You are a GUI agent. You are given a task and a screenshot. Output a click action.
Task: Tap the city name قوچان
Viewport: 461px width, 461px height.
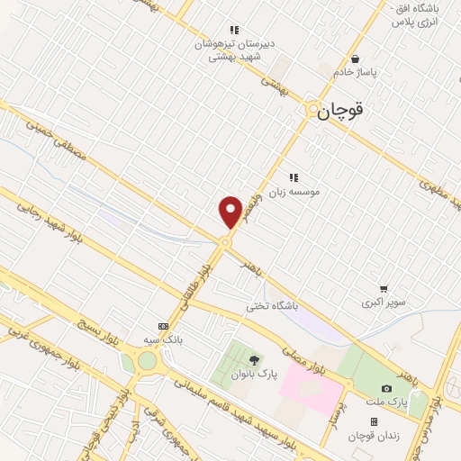(x=345, y=111)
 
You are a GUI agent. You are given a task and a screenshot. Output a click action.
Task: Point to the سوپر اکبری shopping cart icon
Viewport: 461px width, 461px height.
(x=384, y=289)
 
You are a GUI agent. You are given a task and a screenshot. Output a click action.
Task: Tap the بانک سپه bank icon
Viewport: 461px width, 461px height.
(x=163, y=326)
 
